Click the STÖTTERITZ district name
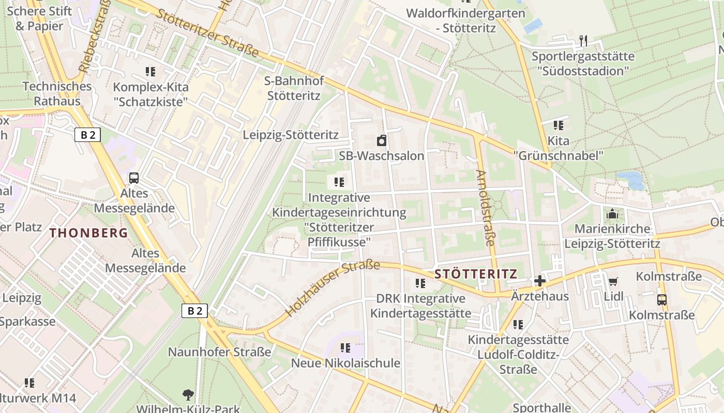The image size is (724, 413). click(x=476, y=274)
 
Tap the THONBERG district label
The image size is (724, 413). click(x=89, y=233)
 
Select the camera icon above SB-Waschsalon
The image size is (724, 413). click(x=382, y=140)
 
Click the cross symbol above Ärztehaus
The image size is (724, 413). click(x=540, y=281)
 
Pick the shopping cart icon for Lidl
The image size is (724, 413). click(x=613, y=281)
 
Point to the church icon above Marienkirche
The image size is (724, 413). click(x=612, y=213)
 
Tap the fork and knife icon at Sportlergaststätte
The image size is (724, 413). click(x=583, y=40)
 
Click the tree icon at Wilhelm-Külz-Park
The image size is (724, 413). click(x=188, y=395)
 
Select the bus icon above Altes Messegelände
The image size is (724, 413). click(x=134, y=178)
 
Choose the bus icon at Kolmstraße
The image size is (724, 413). click(x=661, y=299)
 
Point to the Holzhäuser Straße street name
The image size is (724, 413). click(x=332, y=289)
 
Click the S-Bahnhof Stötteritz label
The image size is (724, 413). click(x=294, y=88)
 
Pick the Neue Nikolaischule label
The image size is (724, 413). click(x=345, y=363)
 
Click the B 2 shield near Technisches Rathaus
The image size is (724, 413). click(x=87, y=135)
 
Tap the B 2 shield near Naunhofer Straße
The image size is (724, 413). click(x=194, y=311)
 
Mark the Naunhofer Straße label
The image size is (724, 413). click(x=219, y=352)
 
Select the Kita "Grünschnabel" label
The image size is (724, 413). click(x=559, y=148)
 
